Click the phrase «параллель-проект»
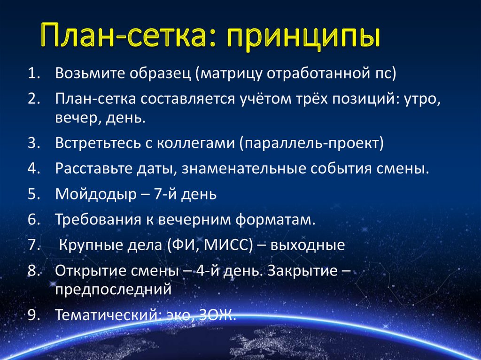312,143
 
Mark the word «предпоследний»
113,289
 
